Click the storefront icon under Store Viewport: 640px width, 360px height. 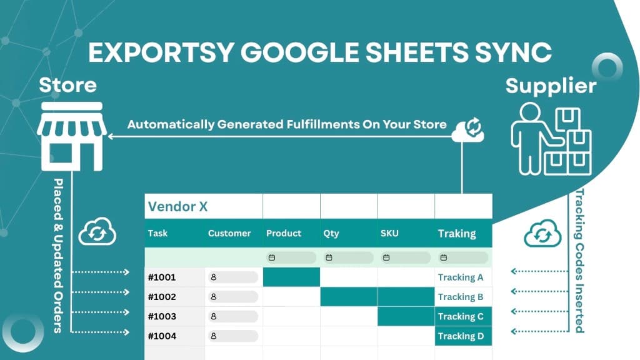tap(71, 136)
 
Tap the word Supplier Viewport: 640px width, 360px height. tap(551, 85)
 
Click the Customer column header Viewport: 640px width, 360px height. tap(229, 233)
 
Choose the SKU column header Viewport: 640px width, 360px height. tap(389, 233)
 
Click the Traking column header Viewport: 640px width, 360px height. tap(457, 233)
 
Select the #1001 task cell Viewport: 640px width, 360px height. tap(162, 277)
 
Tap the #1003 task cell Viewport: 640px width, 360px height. tap(162, 316)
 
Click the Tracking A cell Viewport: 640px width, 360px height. tap(461, 277)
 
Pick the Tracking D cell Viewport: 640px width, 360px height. tap(461, 336)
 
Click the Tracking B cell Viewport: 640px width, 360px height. tap(461, 297)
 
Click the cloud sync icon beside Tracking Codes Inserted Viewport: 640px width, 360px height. tap(542, 233)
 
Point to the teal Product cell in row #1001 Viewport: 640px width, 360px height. tap(291, 277)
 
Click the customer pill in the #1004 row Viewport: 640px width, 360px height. tap(232, 336)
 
